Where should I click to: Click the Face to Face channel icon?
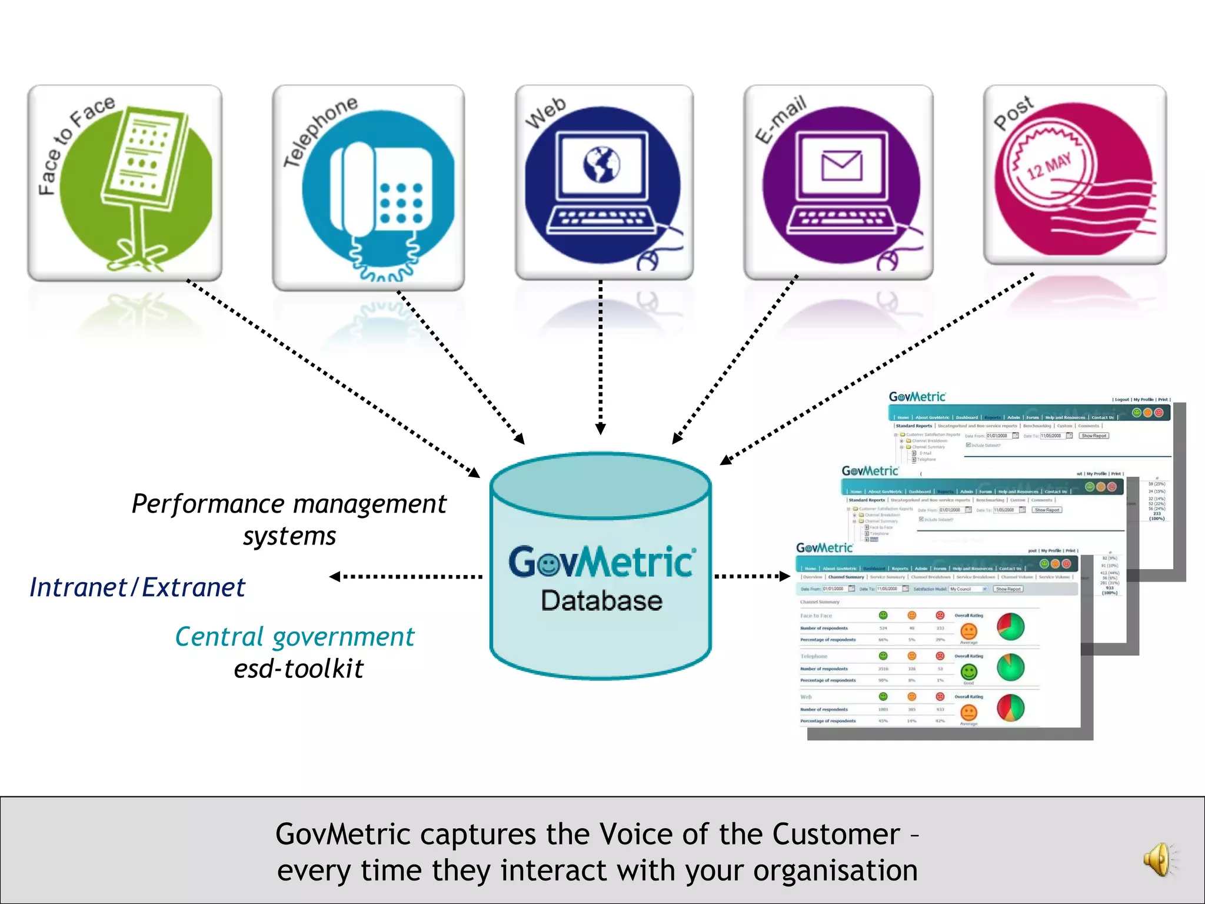[125, 183]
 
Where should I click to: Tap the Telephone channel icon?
[368, 187]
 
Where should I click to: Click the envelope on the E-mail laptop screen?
[841, 166]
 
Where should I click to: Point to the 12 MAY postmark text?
[1048, 167]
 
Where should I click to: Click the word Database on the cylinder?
[601, 601]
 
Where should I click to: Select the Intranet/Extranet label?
[138, 587]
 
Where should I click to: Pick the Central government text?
[295, 637]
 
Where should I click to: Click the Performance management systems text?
[289, 519]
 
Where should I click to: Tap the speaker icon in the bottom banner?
[1158, 860]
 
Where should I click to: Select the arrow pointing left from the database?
[406, 577]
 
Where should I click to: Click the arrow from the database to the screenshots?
[751, 576]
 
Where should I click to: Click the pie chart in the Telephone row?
[1010, 667]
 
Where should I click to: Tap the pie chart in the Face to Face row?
[1010, 627]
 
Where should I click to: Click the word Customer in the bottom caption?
[835, 834]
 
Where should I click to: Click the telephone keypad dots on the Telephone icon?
[401, 203]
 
